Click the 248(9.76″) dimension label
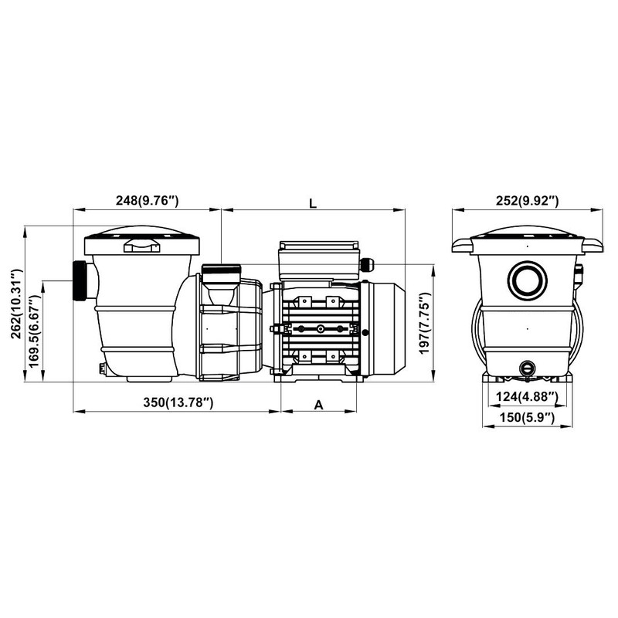(x=147, y=201)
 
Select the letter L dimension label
(x=313, y=203)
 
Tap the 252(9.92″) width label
(x=528, y=201)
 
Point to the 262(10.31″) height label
(x=17, y=304)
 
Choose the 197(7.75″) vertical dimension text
(x=423, y=323)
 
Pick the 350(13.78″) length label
(x=178, y=402)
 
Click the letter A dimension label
(x=318, y=405)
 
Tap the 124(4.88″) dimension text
(x=527, y=396)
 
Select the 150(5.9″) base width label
(x=527, y=417)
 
